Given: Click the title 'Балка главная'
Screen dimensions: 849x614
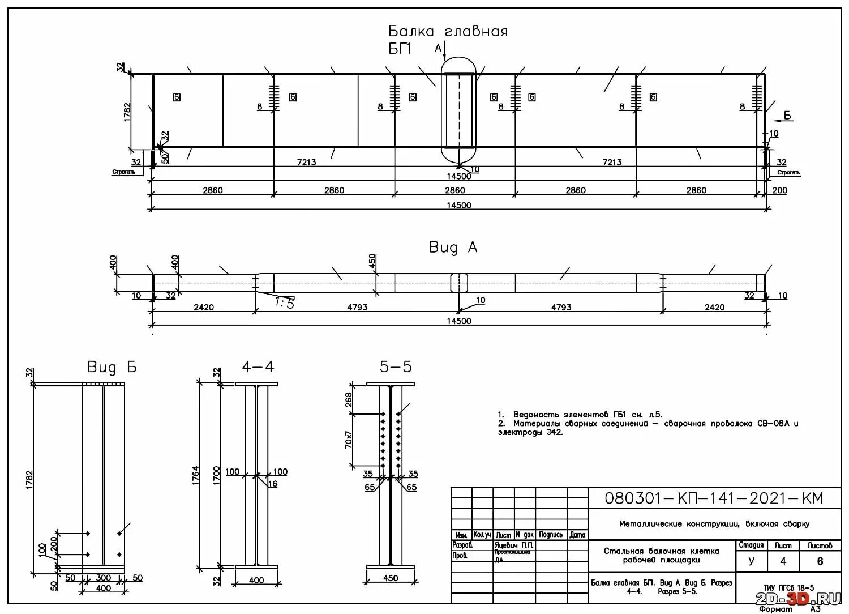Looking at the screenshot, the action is (448, 31).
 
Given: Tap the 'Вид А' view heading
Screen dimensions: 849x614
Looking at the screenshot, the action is (453, 248).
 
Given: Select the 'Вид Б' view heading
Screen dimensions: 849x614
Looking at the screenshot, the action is (112, 367).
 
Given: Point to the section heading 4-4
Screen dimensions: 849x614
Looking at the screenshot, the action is (258, 367).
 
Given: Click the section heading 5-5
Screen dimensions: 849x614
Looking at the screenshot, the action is (396, 367).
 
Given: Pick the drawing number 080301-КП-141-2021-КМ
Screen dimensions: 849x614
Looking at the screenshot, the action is (714, 498).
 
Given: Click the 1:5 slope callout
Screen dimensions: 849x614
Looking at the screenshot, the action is (285, 303).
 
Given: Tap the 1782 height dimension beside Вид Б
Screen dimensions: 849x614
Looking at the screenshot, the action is (29, 479).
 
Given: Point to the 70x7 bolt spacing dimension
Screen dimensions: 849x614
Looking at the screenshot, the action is (349, 440).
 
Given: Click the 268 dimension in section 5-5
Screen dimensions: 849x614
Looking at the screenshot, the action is (349, 400).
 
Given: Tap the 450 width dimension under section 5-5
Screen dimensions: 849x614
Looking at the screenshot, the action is (391, 578).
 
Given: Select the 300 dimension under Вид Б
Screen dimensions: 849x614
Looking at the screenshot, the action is (104, 578).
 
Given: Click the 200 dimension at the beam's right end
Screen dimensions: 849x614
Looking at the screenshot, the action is (779, 190).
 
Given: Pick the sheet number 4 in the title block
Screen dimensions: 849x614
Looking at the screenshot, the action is (783, 562).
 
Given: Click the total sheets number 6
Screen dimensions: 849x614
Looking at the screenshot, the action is (820, 562).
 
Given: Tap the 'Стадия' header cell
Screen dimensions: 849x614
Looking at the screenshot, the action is (751, 545).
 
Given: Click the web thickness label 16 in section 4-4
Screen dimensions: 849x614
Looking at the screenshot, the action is (273, 484).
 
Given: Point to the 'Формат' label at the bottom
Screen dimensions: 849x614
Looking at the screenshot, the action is (775, 609).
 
